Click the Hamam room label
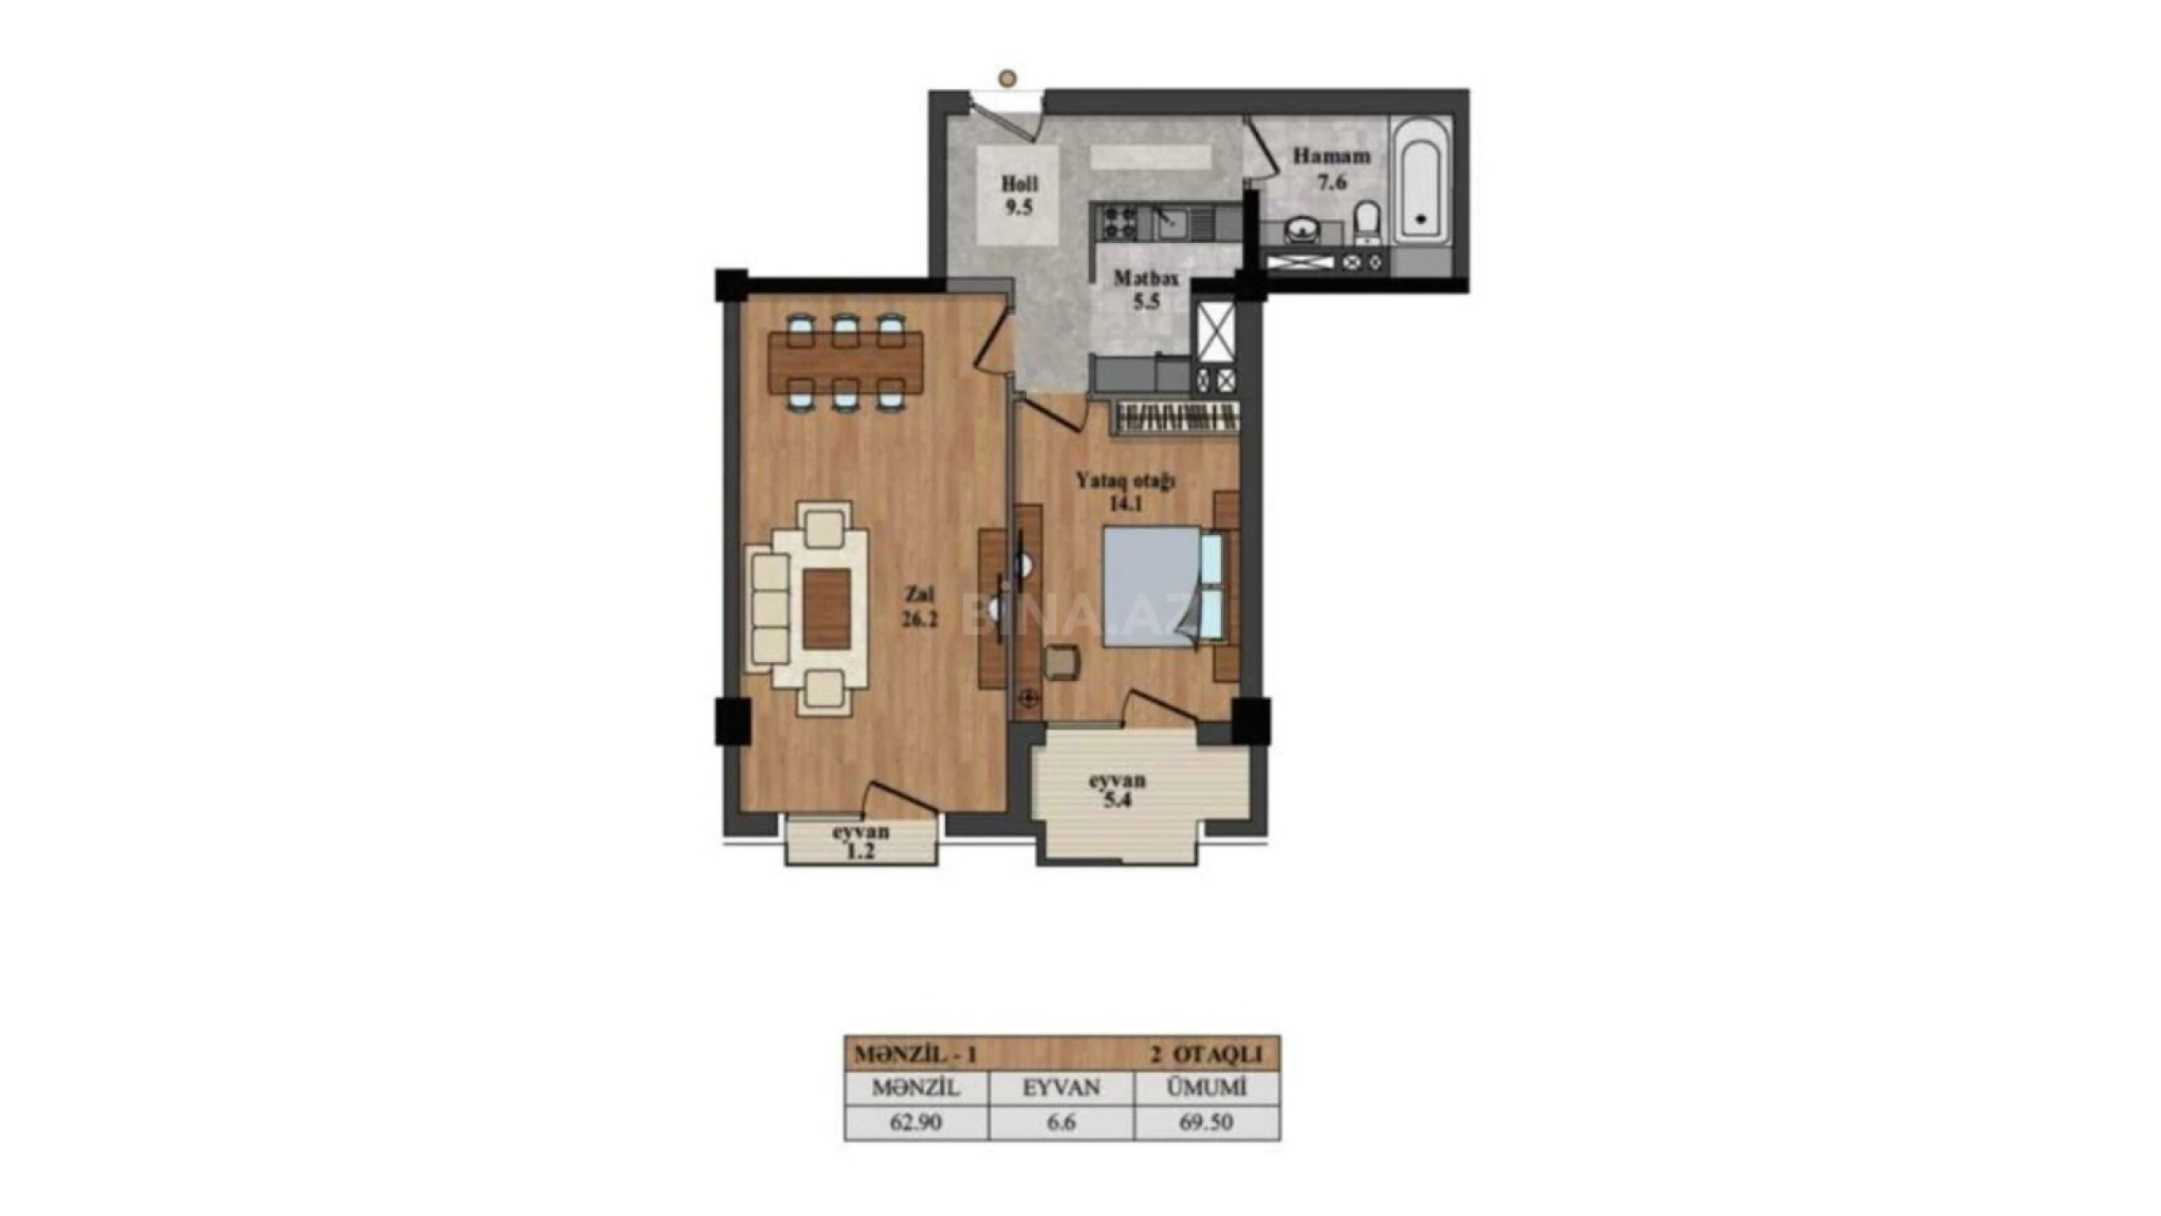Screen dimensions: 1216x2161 pyautogui.click(x=1331, y=168)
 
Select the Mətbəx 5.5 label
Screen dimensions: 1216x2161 pyautogui.click(x=1146, y=290)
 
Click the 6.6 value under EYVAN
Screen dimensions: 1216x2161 pyautogui.click(x=1062, y=1123)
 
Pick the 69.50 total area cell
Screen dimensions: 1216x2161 pyautogui.click(x=1207, y=1123)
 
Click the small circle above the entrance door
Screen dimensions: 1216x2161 pyautogui.click(x=1008, y=79)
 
